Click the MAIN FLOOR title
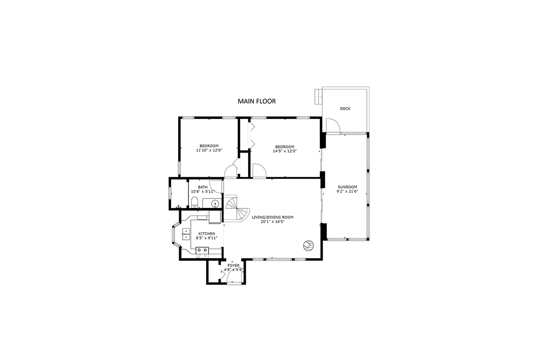point(257,101)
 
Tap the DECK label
point(345,109)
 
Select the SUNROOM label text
point(347,187)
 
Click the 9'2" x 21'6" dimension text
point(347,191)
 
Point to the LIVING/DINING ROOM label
point(273,217)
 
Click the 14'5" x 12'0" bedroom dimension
point(285,151)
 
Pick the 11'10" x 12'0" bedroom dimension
point(209,150)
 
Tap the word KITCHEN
point(207,234)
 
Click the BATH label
point(203,187)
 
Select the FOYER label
point(234,265)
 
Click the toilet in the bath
point(194,202)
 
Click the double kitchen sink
point(186,234)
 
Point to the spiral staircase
point(236,208)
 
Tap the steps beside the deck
point(318,96)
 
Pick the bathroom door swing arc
point(216,187)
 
